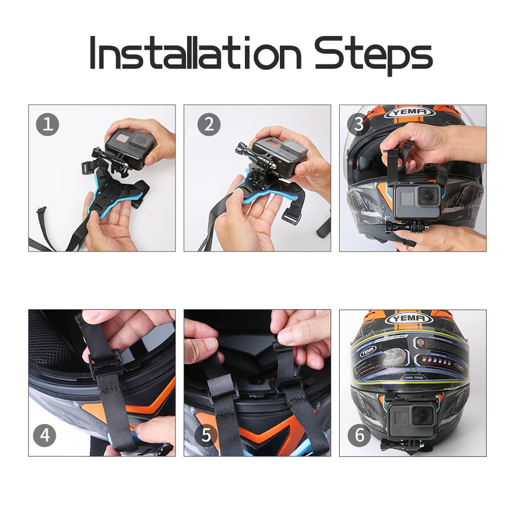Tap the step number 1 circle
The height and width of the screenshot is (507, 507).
coord(47,124)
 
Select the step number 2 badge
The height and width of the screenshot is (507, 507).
coord(209,124)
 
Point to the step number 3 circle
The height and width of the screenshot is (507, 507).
coord(359,124)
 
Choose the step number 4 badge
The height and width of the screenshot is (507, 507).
coord(45,435)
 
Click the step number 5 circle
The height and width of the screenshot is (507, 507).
coord(206,435)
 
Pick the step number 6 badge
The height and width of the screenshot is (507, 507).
coord(359,435)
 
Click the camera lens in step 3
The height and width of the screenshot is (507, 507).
coord(430,195)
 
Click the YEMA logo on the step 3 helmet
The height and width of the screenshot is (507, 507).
coord(409,112)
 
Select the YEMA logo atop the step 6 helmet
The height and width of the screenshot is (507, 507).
coord(409,319)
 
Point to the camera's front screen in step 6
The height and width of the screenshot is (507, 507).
coord(400,417)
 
